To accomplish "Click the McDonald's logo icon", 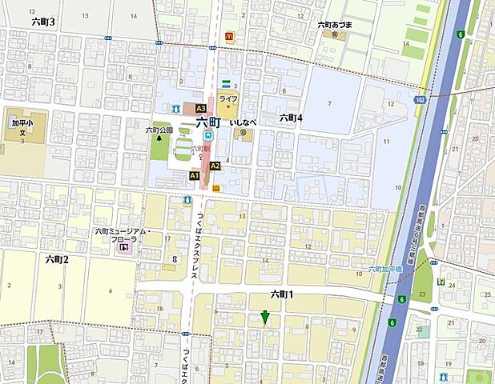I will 229,36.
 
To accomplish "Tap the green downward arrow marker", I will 264,318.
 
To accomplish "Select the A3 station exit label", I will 200,108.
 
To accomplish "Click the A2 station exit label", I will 215,166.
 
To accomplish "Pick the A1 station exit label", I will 194,174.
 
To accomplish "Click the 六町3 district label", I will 42,22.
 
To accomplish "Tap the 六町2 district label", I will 57,258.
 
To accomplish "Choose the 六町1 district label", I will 283,294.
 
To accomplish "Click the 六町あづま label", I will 335,25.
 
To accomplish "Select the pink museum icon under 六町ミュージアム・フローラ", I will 123,249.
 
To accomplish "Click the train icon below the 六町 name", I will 208,137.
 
